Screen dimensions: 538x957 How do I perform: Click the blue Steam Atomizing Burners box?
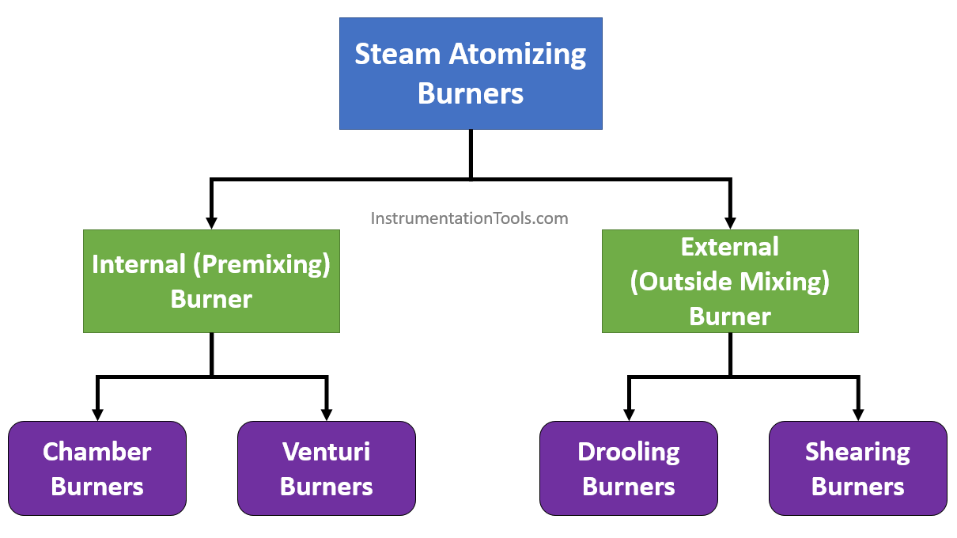(x=471, y=74)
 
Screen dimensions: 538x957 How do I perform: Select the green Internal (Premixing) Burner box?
(x=211, y=281)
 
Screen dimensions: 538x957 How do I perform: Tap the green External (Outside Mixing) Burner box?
(x=729, y=281)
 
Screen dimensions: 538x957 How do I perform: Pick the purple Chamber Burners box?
(x=97, y=468)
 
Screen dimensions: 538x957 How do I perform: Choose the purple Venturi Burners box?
(x=326, y=468)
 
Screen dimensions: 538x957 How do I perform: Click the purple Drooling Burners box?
(x=628, y=468)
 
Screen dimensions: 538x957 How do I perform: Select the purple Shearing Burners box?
(x=857, y=468)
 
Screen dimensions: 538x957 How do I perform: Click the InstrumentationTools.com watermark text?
(x=469, y=218)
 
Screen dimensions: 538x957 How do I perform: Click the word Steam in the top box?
(x=398, y=55)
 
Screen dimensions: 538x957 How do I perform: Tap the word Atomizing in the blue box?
(x=518, y=55)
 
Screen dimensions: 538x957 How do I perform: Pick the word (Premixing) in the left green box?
(x=263, y=264)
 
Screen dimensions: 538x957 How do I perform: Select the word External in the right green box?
(x=729, y=247)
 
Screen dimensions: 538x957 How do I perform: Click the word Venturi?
(x=326, y=452)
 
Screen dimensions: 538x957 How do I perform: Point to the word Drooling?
(x=628, y=452)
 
